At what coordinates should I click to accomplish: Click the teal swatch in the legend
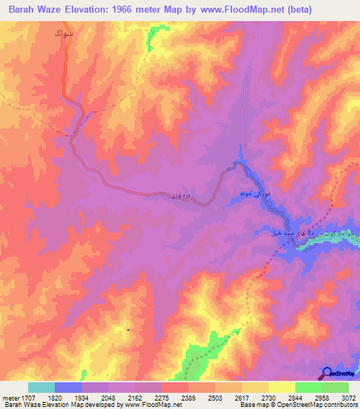click(x=41, y=387)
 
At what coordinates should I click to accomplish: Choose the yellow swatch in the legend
click(x=281, y=387)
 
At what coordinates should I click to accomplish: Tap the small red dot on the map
click(x=128, y=330)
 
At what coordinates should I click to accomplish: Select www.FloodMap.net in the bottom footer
click(x=147, y=405)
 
